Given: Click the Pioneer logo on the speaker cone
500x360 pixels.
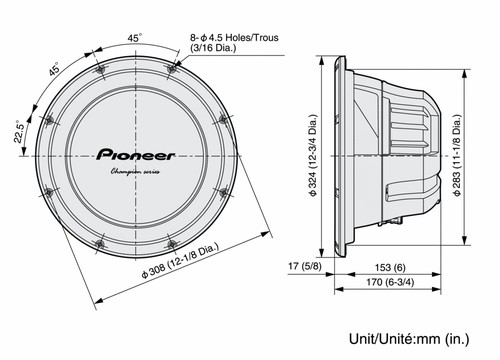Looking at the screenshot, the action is click(x=136, y=155).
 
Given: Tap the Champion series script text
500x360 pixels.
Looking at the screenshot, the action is click(x=135, y=172).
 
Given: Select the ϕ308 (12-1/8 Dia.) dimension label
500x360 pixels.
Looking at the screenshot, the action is click(x=180, y=261).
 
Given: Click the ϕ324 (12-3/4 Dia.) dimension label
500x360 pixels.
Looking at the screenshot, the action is click(x=313, y=155).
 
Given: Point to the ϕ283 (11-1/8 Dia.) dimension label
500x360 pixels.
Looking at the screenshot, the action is click(x=457, y=155).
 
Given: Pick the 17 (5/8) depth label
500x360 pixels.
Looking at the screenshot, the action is click(x=305, y=266).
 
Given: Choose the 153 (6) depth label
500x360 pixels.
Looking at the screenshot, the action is click(x=390, y=267).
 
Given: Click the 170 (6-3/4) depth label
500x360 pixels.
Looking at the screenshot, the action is click(x=390, y=282).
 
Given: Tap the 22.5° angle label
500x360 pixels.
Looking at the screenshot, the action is click(x=20, y=132).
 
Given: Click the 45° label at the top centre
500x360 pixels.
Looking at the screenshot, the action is click(x=134, y=38).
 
